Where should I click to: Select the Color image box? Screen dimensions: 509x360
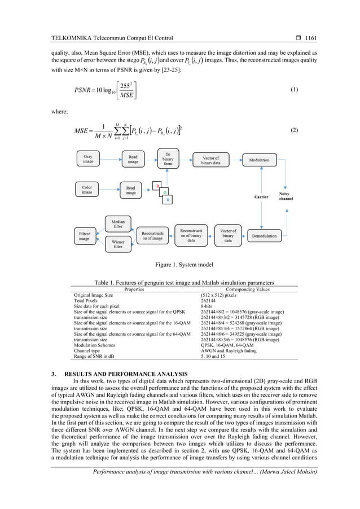[87, 190]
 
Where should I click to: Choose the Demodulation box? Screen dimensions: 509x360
[264, 235]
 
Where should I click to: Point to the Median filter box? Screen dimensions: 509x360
[118, 224]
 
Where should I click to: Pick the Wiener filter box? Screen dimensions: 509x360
[118, 244]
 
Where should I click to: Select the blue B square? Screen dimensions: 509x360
[168, 200]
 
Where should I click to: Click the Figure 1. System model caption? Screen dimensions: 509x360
[180, 264]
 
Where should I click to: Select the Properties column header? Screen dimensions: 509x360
[133, 289]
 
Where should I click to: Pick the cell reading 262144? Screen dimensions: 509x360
[210, 300]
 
